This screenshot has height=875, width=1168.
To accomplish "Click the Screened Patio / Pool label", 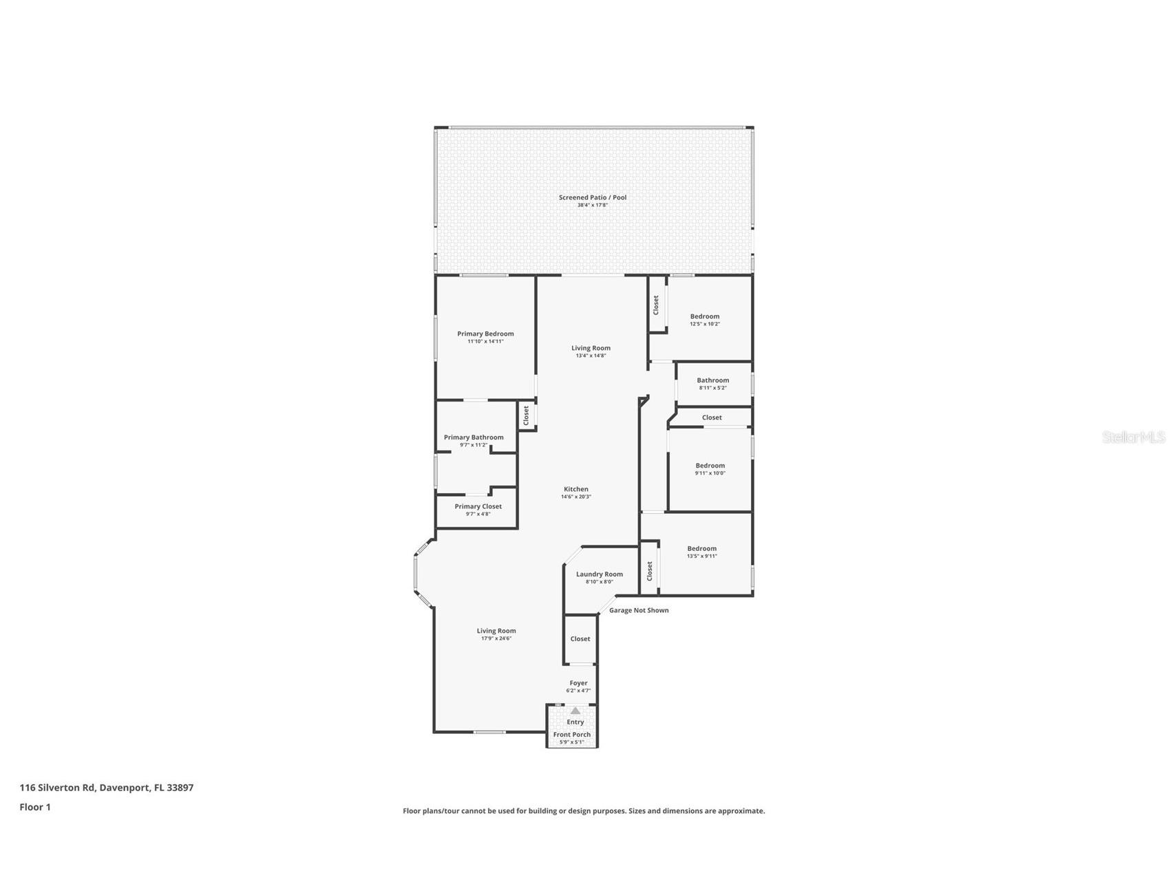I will coord(592,197).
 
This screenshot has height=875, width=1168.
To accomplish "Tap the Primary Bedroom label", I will coord(485,334).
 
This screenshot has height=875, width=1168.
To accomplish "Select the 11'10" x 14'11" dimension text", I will coord(485,342).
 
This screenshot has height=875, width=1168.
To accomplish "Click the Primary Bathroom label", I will coord(474,437).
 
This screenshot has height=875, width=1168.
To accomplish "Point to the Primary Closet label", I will coord(478,506).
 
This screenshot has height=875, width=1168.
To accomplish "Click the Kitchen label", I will coord(575,489).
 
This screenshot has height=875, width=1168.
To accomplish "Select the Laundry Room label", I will coord(599,574).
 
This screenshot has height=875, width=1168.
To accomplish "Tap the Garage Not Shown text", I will coord(639,610).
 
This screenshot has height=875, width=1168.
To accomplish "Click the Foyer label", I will coord(578,683).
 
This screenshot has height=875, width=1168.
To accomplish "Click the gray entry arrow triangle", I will coord(575,711).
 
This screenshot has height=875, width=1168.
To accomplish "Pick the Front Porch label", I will coord(571,735).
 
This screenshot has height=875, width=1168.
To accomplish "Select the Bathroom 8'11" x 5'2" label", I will coord(712,380).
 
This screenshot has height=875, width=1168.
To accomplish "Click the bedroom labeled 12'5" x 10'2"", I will coord(704,316).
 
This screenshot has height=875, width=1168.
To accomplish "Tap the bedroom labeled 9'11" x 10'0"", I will coord(710,466).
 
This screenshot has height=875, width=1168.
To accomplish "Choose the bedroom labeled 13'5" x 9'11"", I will coord(701,549).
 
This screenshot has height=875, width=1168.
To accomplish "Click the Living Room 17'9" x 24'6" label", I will coord(496,631).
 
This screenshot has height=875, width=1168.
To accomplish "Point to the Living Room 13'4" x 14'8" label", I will coord(591,348).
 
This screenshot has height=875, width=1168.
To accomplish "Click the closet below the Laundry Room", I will coord(580,639).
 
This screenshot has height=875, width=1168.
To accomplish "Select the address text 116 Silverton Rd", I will coord(58,788).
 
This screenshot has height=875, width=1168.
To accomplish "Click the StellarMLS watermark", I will coord(1133,437).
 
